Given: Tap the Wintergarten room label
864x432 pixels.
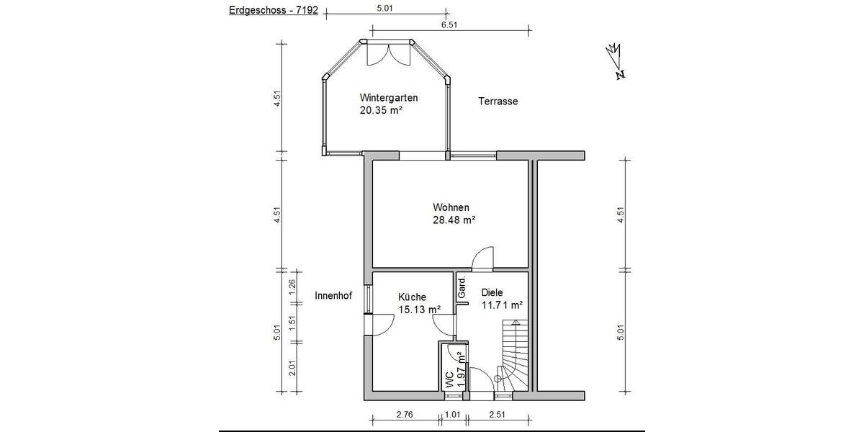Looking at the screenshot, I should point(390,98).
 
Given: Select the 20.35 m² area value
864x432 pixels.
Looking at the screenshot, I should point(381,111).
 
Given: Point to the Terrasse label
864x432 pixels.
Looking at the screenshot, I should point(498,102).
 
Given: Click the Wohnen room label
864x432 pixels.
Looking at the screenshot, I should point(451,207).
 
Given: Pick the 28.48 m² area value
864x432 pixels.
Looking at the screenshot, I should point(454,220).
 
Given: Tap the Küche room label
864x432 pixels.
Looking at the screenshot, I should point(413,297).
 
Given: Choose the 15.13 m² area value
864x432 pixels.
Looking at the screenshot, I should point(419,310).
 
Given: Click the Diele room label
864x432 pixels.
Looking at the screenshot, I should point(492,292).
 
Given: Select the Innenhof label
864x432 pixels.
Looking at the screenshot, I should point(333,295).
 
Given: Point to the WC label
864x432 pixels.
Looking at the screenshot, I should point(449,379).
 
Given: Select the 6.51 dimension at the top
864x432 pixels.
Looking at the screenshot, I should point(449,24).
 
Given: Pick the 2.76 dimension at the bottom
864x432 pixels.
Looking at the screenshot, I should point(405,414).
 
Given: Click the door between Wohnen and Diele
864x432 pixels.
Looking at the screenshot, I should point(482,258).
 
